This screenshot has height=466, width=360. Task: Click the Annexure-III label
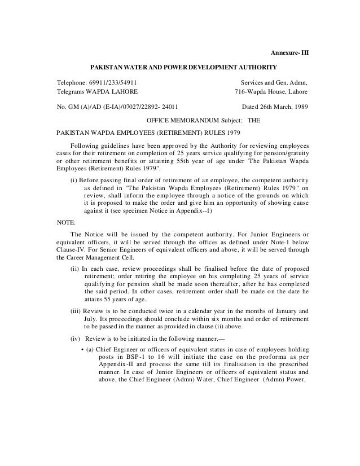[x=291, y=54]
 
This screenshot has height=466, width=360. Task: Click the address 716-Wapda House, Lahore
[x=271, y=91]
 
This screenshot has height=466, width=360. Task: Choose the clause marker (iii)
[x=76, y=311]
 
